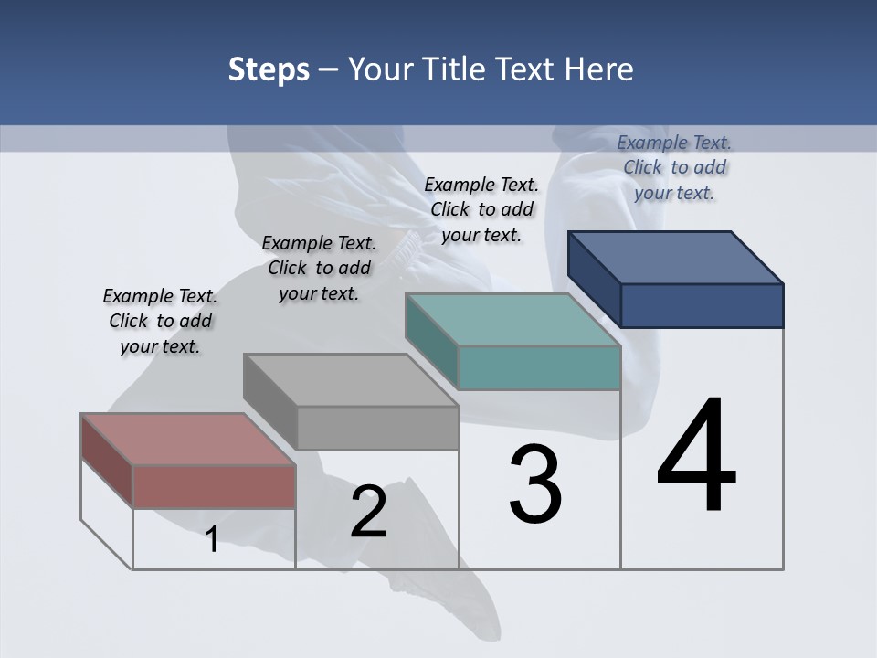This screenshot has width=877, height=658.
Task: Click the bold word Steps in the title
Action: click(x=269, y=69)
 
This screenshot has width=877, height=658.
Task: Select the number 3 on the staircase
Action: click(x=534, y=484)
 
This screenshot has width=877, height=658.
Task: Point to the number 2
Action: click(x=368, y=512)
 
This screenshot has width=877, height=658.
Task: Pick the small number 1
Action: click(x=212, y=539)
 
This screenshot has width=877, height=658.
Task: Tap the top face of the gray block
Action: click(x=351, y=380)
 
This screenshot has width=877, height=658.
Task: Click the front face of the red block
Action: click(x=214, y=487)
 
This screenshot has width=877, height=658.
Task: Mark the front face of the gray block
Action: click(x=377, y=428)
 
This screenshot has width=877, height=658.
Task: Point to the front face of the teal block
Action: click(x=539, y=368)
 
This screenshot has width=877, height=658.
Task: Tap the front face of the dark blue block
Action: click(x=702, y=305)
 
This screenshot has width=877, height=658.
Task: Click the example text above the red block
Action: click(x=160, y=321)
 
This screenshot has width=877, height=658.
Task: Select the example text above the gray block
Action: click(x=319, y=268)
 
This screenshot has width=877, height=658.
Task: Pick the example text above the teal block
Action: click(x=481, y=209)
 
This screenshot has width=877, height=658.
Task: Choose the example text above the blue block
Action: click(x=674, y=167)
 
